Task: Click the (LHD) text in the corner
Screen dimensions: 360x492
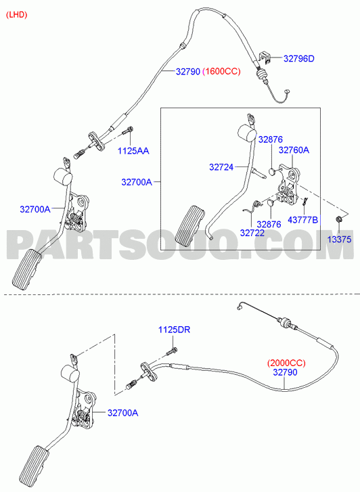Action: (17, 15)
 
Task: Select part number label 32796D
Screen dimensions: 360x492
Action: (298, 59)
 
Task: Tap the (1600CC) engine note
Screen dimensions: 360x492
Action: (221, 72)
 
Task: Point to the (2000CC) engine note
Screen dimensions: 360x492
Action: (286, 363)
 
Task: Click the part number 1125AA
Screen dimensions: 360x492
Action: (133, 151)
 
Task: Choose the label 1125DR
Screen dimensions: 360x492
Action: (174, 330)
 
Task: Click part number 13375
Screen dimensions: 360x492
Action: (339, 240)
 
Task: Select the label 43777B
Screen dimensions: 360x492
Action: (303, 220)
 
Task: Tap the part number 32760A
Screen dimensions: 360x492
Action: (294, 150)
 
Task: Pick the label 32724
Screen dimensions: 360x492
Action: (221, 167)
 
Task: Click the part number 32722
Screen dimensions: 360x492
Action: (252, 233)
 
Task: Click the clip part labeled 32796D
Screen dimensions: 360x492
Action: (265, 58)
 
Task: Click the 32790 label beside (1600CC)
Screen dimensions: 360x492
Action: (187, 72)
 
